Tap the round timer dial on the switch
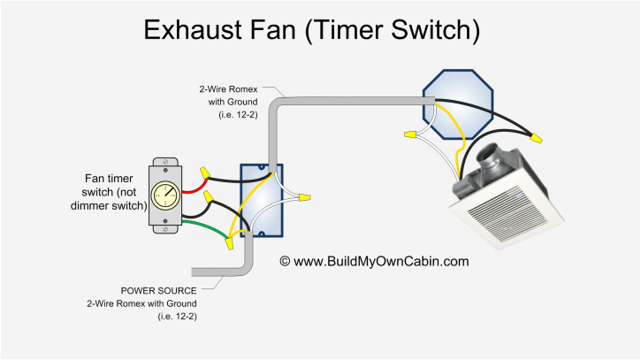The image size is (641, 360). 164,195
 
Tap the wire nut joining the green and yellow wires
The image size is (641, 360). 229,240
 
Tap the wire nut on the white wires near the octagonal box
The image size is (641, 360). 409,134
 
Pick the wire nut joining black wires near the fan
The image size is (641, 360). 535,136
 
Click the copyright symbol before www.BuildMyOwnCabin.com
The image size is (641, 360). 285,262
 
